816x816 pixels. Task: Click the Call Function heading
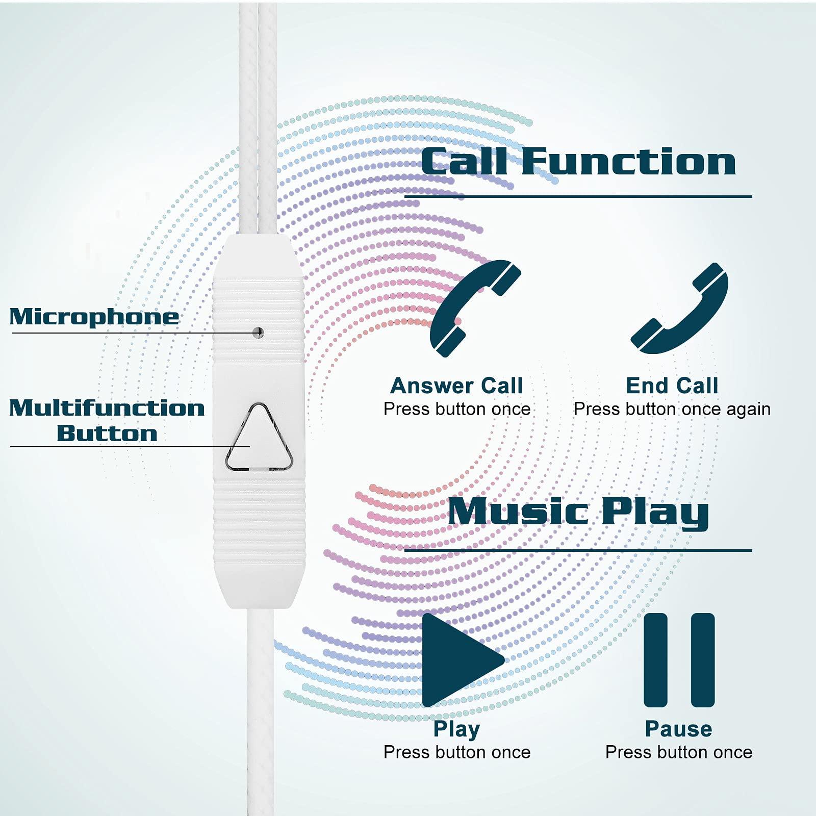pyautogui.click(x=578, y=162)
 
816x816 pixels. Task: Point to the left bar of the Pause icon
pyautogui.click(x=655, y=660)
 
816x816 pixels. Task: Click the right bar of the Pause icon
pyautogui.click(x=703, y=660)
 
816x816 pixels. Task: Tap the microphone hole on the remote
pyautogui.click(x=259, y=333)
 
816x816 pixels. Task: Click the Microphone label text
pyautogui.click(x=94, y=317)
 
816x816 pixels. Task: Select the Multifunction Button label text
pyautogui.click(x=107, y=421)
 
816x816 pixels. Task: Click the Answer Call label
pyautogui.click(x=456, y=386)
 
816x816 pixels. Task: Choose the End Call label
pyautogui.click(x=672, y=386)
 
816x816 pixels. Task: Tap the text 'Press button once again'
pyautogui.click(x=672, y=409)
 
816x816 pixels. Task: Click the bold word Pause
pyautogui.click(x=678, y=729)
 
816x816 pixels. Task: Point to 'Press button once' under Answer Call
pyautogui.click(x=457, y=409)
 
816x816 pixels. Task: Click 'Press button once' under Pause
pyautogui.click(x=679, y=752)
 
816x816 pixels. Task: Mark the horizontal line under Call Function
pyautogui.click(x=578, y=196)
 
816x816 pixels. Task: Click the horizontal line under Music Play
pyautogui.click(x=578, y=550)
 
